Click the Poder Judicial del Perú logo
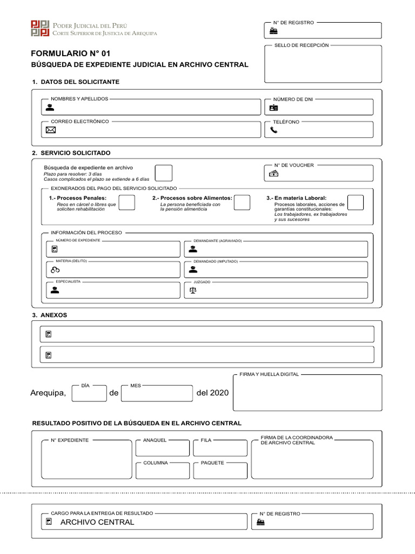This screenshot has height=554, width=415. tap(40, 29)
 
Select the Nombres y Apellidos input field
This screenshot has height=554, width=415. tap(157, 108)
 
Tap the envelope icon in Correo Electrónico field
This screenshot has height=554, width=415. tap(50, 130)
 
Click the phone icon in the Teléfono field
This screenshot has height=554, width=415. tap(273, 130)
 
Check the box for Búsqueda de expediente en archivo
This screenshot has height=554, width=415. tap(164, 173)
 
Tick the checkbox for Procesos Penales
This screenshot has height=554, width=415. tap(126, 202)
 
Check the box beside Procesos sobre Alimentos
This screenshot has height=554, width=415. tap(242, 202)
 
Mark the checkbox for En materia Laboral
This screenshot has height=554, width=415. tap(355, 202)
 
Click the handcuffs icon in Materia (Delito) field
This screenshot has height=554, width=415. tap(55, 269)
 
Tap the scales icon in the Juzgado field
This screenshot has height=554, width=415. tap(193, 290)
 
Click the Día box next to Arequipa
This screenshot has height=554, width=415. tap(89, 393)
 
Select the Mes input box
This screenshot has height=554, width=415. tap(157, 393)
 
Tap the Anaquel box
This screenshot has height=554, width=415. tap(163, 449)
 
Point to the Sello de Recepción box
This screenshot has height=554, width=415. tap(323, 65)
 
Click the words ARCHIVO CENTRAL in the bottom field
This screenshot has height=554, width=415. tap(97, 522)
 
